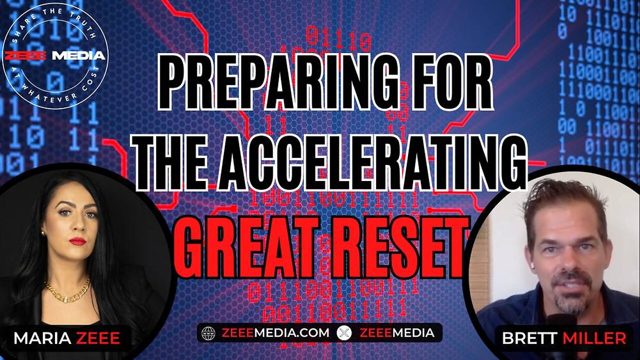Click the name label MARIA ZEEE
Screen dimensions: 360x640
[x=66, y=338]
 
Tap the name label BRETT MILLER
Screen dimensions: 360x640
[x=563, y=338]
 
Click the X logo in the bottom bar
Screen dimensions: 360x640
[x=342, y=332]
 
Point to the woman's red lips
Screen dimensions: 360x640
[x=77, y=241]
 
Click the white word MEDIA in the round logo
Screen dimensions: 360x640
[x=78, y=55]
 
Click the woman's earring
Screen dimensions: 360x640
[x=43, y=233]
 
